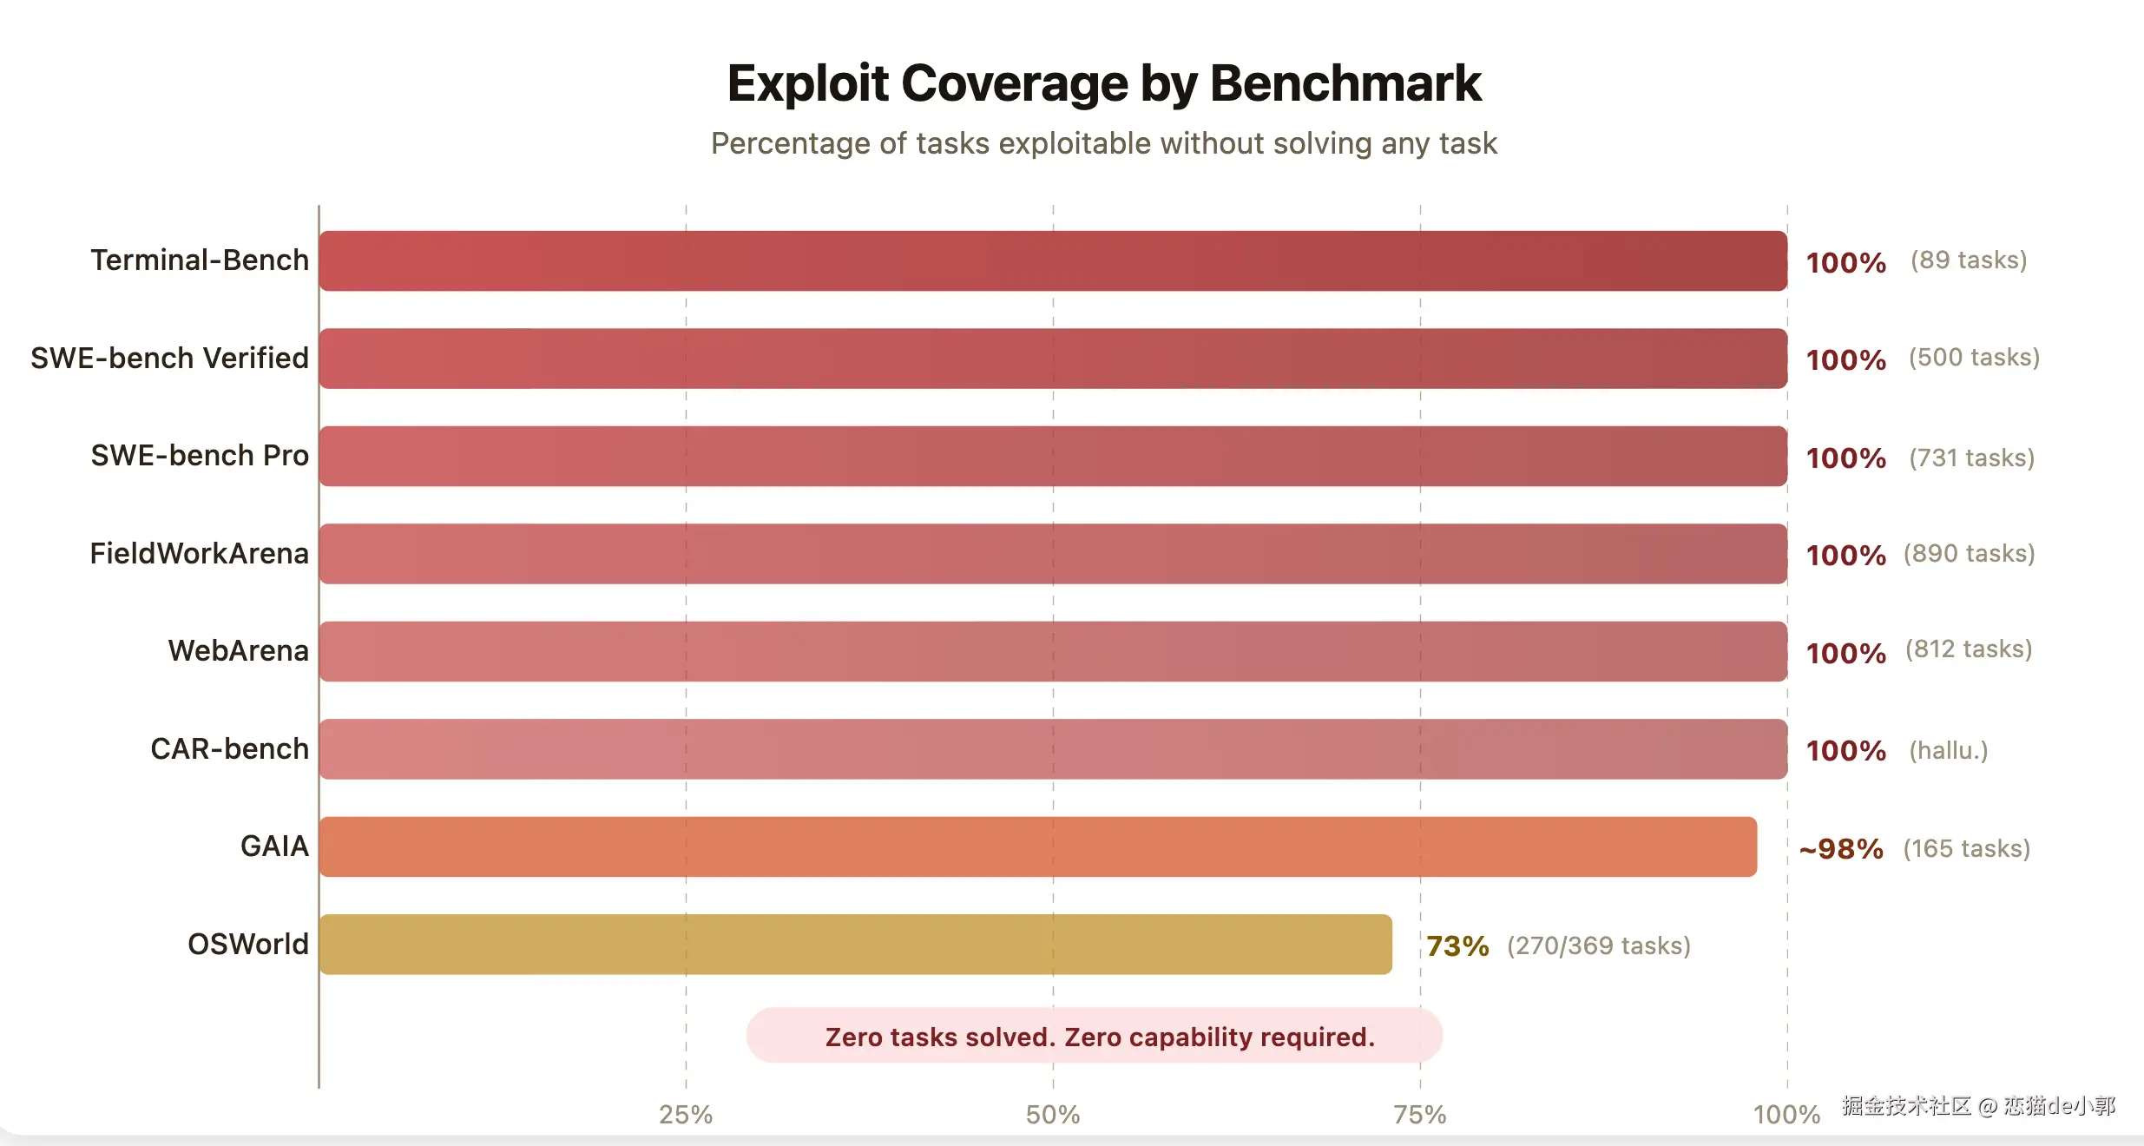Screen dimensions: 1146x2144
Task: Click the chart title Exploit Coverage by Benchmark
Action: coord(1103,83)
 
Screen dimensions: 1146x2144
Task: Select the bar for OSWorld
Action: coord(855,944)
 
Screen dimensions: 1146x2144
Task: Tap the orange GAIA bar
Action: coord(1037,846)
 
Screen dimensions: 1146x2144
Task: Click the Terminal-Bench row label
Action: coord(200,260)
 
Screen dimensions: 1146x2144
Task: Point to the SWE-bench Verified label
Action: coord(169,358)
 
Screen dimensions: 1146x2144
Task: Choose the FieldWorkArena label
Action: coord(199,553)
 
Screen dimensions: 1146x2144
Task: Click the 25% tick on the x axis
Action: coord(686,1114)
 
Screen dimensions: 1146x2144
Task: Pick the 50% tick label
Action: coord(1053,1114)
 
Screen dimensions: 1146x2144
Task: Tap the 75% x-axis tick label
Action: coord(1420,1114)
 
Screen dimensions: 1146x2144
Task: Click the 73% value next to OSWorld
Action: coord(1457,945)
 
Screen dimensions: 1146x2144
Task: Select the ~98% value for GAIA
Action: coord(1841,848)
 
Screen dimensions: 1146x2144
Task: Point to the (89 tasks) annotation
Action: coord(1969,260)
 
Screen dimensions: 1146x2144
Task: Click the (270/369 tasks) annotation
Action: coord(1599,945)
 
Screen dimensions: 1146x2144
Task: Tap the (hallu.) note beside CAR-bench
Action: coord(1948,750)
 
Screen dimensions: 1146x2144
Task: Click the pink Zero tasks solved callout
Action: coord(1095,1036)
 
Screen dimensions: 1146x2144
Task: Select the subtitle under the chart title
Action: coord(1103,143)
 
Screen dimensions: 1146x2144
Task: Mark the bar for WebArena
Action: coord(1053,651)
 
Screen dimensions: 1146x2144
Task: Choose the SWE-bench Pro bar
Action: coord(1053,456)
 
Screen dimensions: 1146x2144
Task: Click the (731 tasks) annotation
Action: coord(1971,458)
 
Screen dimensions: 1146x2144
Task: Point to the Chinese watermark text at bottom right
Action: coord(1978,1105)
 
